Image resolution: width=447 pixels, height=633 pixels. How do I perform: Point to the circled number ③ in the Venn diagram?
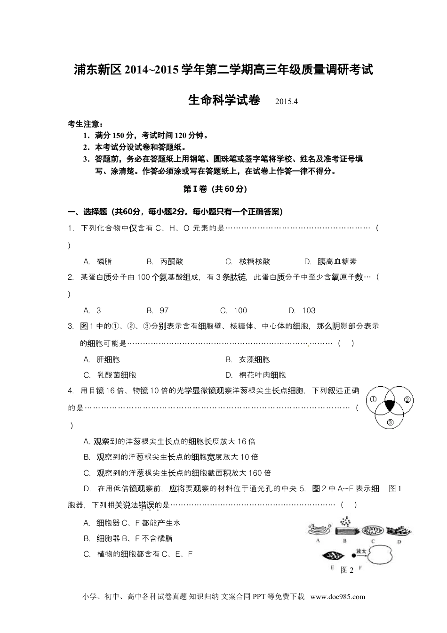tap(390, 422)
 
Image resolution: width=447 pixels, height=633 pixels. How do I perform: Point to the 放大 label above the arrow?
tap(361, 551)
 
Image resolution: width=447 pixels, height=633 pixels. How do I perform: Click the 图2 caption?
tap(347, 570)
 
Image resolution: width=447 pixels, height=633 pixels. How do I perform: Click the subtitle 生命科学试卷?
tap(224, 100)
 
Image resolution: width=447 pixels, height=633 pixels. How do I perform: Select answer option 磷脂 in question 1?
tap(104, 262)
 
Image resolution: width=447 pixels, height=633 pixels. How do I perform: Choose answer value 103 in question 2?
tap(309, 311)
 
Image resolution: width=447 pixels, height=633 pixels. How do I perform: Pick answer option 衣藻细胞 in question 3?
tap(254, 360)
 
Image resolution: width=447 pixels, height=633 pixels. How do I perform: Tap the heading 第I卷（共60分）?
tap(215, 189)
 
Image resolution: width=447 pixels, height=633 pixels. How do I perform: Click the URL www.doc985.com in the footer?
tap(338, 597)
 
